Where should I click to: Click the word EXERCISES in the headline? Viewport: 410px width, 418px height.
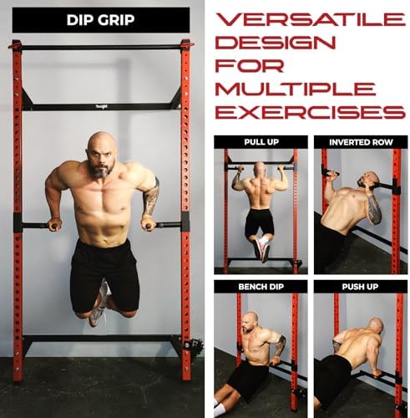point(305,111)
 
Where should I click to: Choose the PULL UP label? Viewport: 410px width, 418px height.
point(260,142)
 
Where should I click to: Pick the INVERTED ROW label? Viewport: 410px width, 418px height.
point(360,142)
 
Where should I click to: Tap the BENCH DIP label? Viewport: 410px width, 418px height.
point(260,287)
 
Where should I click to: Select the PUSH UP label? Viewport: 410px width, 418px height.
point(360,287)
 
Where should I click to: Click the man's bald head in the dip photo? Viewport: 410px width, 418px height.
point(100,145)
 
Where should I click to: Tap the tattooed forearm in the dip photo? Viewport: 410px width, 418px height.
point(150,201)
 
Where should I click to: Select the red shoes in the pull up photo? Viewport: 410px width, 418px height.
point(264,248)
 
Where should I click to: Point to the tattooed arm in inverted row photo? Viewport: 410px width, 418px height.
point(373,209)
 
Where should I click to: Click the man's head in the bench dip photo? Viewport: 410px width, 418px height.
point(249,322)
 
